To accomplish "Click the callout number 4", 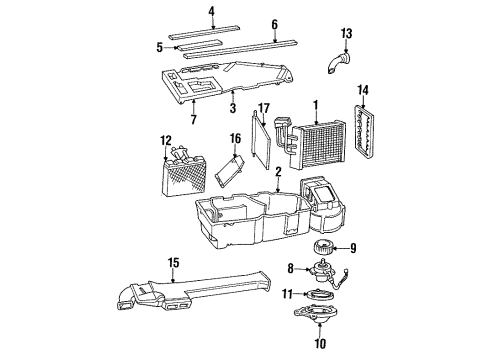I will [211, 12].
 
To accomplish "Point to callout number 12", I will [166, 140].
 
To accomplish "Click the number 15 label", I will [175, 262].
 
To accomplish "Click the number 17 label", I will [264, 108].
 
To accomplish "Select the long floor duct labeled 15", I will [200, 295].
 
